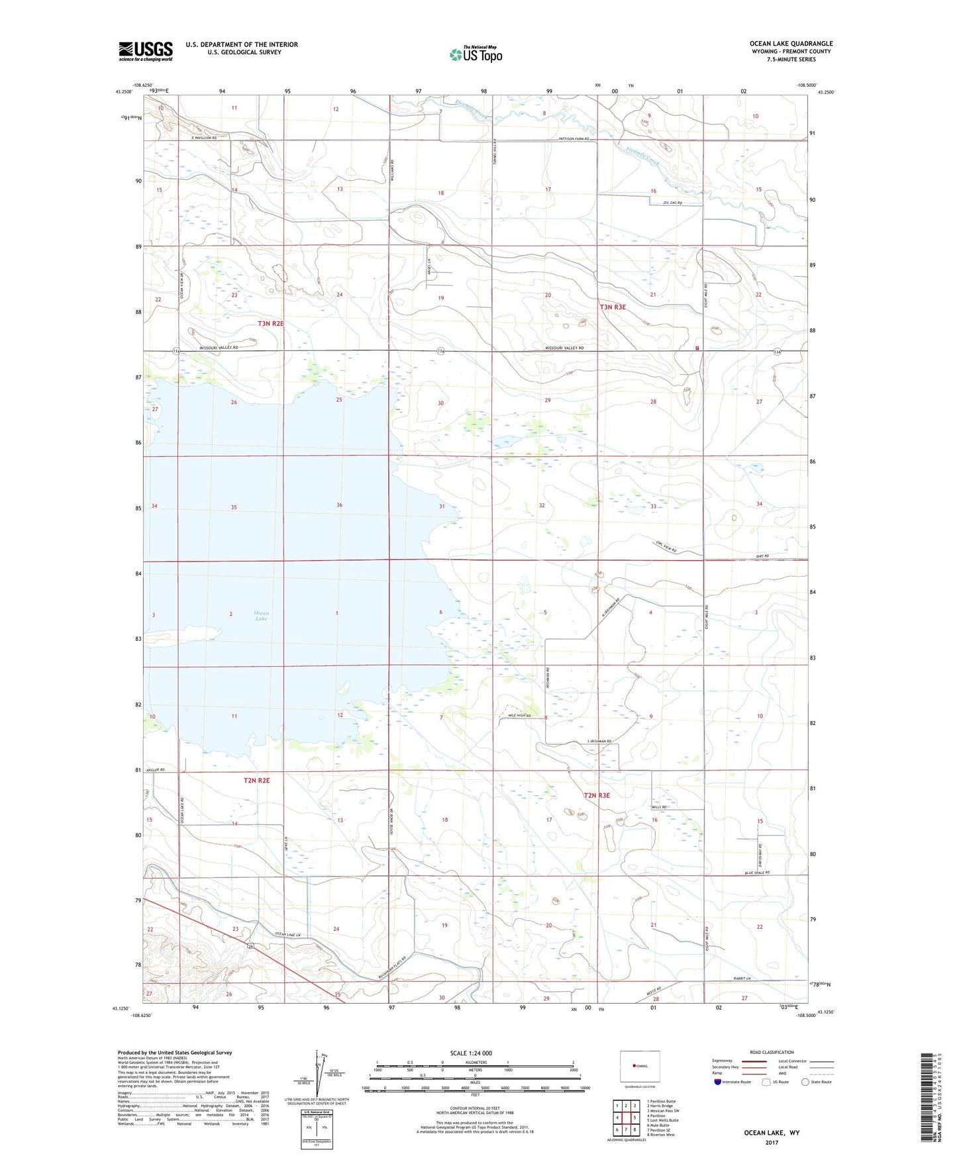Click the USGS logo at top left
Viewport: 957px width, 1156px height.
click(145, 51)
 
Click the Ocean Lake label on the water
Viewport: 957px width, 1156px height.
click(261, 616)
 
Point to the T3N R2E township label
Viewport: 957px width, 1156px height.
click(271, 323)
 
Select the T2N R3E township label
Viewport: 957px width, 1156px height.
click(596, 795)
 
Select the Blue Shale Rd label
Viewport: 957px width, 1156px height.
click(758, 873)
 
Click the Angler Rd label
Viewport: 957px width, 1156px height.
click(153, 769)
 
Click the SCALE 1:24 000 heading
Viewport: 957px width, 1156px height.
click(474, 1053)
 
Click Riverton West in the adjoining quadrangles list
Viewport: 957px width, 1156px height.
click(660, 1135)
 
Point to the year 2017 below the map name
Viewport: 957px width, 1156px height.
click(772, 1143)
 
